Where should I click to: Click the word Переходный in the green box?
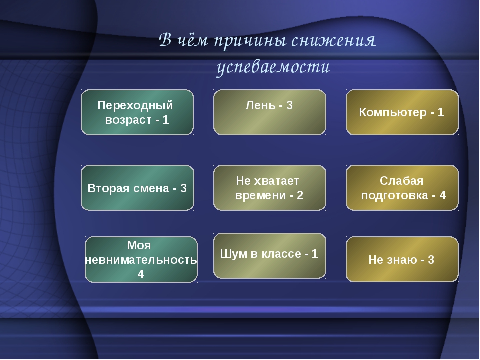[135, 105]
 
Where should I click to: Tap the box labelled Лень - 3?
[269, 112]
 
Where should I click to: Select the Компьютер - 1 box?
[402, 112]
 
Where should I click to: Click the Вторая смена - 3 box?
[137, 188]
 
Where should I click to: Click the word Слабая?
[401, 181]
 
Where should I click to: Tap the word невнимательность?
[141, 260]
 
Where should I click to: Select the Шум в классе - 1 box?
[269, 256]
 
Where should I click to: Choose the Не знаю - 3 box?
[402, 259]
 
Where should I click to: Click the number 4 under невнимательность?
[141, 274]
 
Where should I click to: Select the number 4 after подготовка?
[442, 195]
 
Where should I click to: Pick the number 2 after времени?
[300, 195]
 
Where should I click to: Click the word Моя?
[139, 245]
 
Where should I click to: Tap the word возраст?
[128, 120]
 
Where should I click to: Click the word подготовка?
[394, 195]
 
